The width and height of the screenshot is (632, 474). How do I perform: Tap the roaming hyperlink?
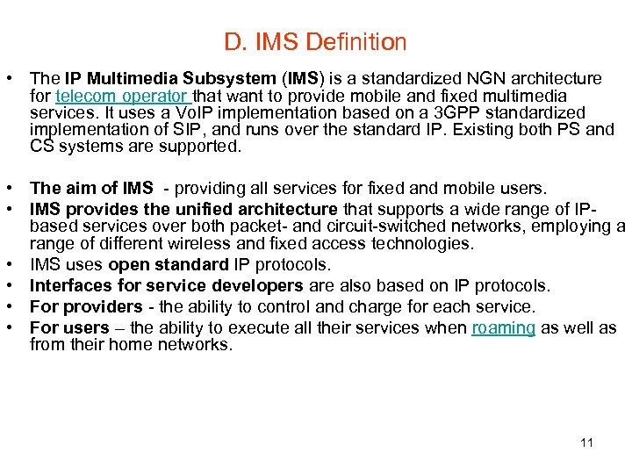click(503, 328)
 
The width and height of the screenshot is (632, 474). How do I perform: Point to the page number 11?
click(586, 442)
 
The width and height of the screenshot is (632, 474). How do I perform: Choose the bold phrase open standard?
click(167, 264)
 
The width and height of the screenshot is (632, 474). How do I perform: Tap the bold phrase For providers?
click(86, 306)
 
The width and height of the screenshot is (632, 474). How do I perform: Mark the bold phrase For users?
click(68, 328)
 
